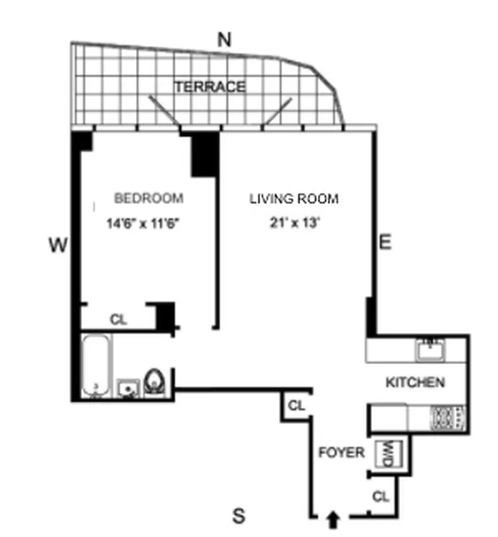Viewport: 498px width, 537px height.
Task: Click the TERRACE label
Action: [210, 87]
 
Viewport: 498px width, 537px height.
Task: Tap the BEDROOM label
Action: [149, 199]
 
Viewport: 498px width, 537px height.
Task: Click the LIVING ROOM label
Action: [294, 199]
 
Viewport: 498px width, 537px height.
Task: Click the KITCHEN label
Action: [415, 383]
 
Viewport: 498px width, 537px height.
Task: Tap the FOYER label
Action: [342, 452]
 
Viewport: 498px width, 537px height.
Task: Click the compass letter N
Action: [225, 40]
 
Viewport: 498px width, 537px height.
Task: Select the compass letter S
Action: [238, 517]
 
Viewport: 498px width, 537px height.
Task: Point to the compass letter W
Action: [58, 246]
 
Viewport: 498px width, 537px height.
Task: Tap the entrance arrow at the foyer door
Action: [333, 518]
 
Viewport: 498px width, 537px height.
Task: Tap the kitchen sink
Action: [429, 348]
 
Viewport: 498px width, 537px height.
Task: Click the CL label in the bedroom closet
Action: [119, 320]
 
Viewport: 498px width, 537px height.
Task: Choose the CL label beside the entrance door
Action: [381, 497]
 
